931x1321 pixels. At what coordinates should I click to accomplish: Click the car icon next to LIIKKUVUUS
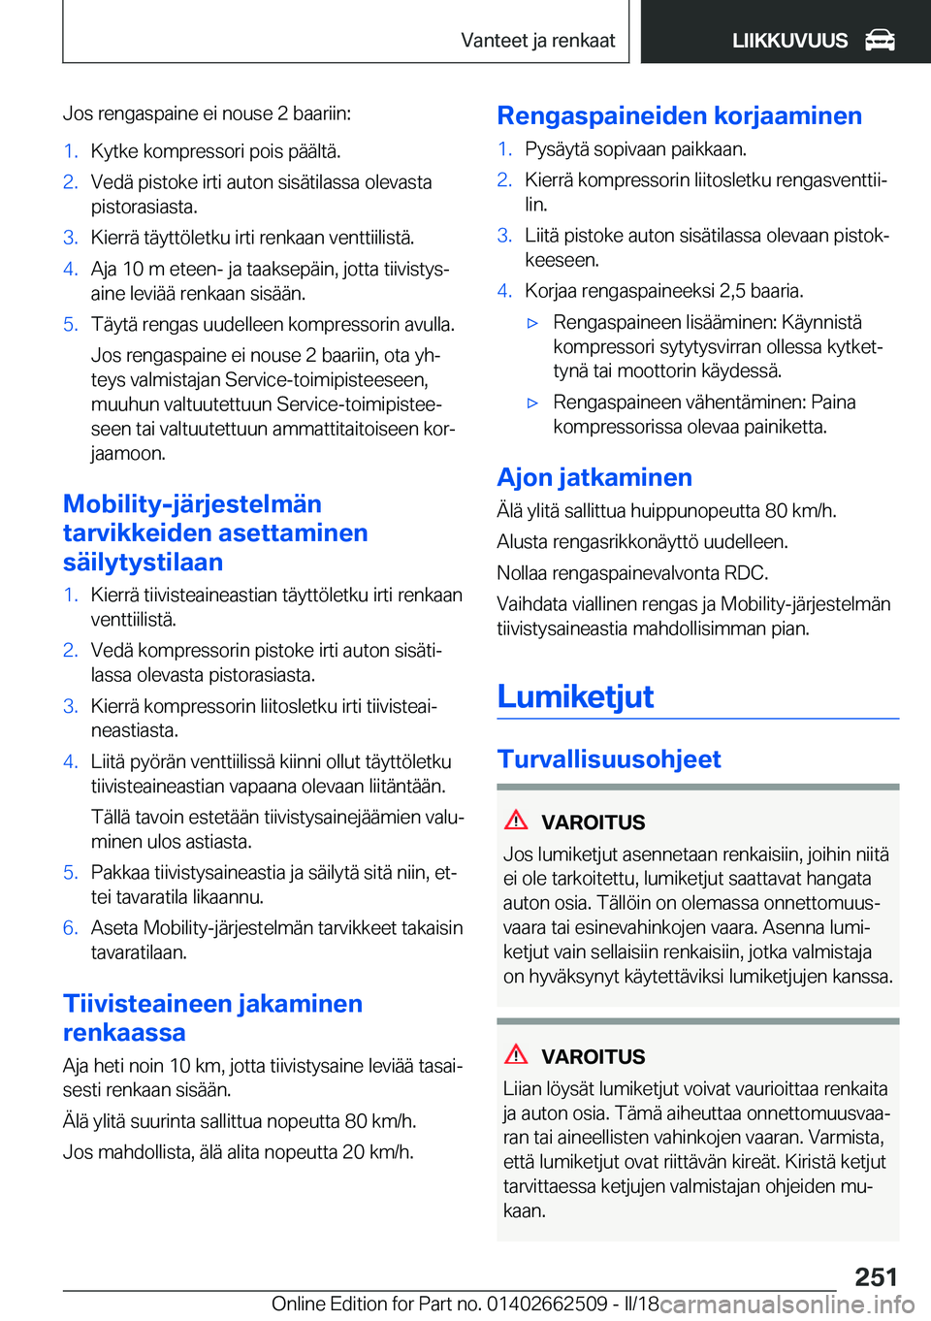click(880, 40)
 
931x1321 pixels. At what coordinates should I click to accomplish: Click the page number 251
click(876, 1276)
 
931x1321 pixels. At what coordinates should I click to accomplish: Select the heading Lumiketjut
click(575, 696)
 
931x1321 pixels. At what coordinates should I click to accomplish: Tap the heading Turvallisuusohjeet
click(609, 758)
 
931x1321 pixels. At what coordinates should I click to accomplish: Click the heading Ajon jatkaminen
click(594, 477)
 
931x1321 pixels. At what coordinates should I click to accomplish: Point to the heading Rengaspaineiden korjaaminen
click(679, 115)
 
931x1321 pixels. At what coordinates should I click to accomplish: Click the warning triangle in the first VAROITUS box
click(516, 821)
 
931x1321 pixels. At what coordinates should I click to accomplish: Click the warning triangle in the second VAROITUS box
click(516, 1055)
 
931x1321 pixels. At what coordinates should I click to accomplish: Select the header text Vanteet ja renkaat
click(537, 40)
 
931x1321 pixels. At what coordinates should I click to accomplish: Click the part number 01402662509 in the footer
click(547, 1304)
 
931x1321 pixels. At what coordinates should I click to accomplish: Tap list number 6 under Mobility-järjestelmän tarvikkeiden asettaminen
click(70, 928)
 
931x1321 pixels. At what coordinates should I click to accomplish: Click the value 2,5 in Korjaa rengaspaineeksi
click(733, 291)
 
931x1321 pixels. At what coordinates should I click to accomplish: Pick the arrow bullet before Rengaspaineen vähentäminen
click(532, 403)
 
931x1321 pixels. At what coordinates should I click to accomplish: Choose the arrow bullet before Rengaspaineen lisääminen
click(532, 323)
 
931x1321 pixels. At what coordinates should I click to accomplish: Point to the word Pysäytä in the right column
click(554, 149)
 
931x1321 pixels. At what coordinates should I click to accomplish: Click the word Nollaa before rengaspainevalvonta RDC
click(525, 573)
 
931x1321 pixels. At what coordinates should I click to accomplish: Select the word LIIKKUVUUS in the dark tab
click(789, 41)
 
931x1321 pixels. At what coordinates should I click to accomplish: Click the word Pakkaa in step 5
click(117, 873)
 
